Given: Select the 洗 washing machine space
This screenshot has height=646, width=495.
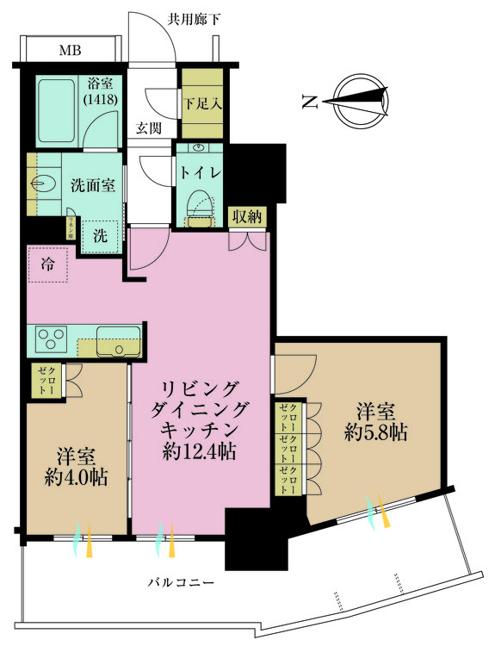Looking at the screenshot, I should [x=100, y=233].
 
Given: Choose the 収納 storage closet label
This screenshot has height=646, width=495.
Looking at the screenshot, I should [x=249, y=217].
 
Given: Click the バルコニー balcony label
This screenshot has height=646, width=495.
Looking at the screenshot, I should [x=180, y=583].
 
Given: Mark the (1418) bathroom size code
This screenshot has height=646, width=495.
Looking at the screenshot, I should [x=102, y=100].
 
